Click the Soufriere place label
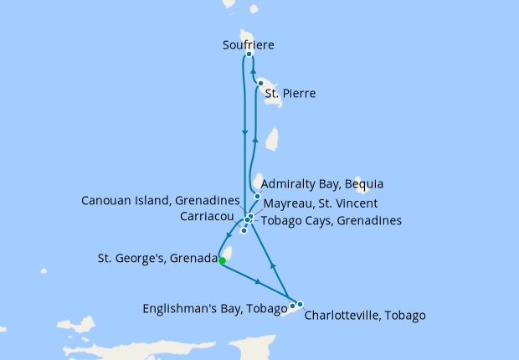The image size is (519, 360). [x=249, y=44]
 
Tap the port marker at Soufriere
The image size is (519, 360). [x=249, y=54]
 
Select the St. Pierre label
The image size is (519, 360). [x=290, y=93]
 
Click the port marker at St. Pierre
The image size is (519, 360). [x=261, y=83]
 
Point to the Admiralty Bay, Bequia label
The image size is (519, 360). [x=322, y=183]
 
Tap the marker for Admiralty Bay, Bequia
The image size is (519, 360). [x=257, y=197]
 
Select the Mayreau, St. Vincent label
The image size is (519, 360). [x=320, y=203]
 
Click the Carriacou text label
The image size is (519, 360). [x=206, y=216]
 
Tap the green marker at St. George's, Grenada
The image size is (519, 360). [x=222, y=260]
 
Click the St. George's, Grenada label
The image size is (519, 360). [x=157, y=259]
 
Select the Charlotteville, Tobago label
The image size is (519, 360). [x=365, y=316]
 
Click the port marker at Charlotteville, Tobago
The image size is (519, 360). [x=300, y=304]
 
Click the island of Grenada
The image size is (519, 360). [x=225, y=250]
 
